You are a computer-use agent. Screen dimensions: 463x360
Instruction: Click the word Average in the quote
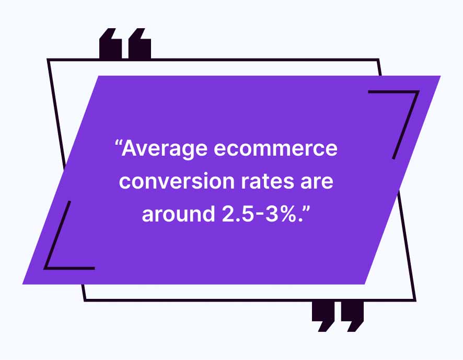(x=165, y=149)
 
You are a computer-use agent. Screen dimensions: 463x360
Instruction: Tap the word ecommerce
(x=275, y=148)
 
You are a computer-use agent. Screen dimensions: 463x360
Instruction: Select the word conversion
(x=177, y=181)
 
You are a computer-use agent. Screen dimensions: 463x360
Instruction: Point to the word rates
(x=268, y=181)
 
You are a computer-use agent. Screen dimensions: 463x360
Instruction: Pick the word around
(x=178, y=214)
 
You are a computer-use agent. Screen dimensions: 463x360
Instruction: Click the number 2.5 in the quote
(x=238, y=214)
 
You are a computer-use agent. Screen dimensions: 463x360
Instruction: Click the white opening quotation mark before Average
(x=118, y=144)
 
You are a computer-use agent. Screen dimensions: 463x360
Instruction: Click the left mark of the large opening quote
(x=110, y=43)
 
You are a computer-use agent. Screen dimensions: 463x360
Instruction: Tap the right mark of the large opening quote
(x=140, y=43)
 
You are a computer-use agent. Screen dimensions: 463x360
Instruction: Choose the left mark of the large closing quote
(x=323, y=316)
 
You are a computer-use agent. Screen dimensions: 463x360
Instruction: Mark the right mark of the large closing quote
(x=352, y=316)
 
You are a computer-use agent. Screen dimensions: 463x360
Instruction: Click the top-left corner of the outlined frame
(x=48, y=60)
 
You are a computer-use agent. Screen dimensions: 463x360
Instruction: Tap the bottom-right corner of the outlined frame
(x=415, y=300)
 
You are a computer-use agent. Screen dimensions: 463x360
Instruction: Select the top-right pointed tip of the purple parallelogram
(x=441, y=76)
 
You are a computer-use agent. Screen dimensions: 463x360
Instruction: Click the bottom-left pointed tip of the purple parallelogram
(x=23, y=284)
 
